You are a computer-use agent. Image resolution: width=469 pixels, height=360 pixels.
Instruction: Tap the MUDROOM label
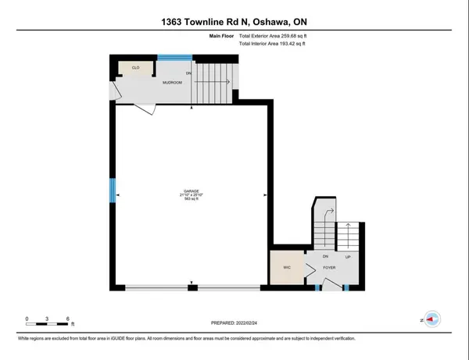pos(172,81)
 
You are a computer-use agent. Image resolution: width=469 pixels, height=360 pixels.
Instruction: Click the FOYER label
pos(330,267)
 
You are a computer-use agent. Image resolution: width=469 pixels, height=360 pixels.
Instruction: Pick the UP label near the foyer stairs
pos(347,256)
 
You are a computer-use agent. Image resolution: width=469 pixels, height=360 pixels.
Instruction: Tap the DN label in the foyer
pos(325,256)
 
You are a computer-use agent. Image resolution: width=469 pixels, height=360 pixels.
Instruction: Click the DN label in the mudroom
pos(188,74)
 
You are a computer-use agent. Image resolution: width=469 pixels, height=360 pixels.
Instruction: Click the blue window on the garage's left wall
pos(111,192)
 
